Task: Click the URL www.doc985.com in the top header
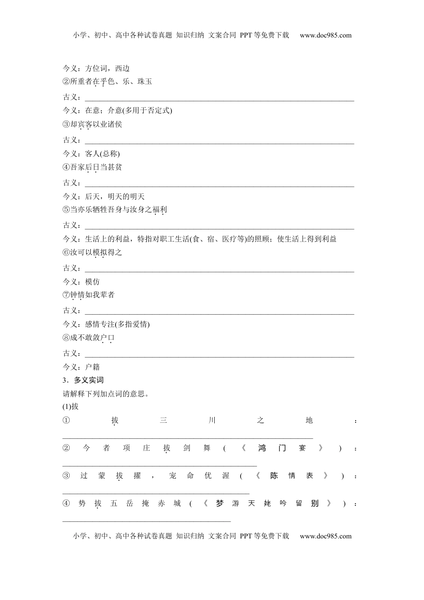(x=325, y=35)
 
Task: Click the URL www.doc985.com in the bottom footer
(x=325, y=536)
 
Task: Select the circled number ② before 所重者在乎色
(x=66, y=82)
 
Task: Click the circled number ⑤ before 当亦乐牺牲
(x=66, y=209)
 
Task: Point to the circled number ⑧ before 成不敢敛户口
(x=66, y=338)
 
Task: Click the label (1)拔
(x=71, y=407)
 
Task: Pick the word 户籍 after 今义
(x=92, y=367)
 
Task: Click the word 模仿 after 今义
(x=92, y=282)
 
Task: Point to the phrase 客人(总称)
(x=102, y=154)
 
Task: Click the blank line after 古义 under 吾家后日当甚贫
(x=219, y=186)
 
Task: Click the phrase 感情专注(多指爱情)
(x=117, y=324)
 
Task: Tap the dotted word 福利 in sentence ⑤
(x=159, y=209)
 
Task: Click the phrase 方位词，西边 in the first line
(x=107, y=68)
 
